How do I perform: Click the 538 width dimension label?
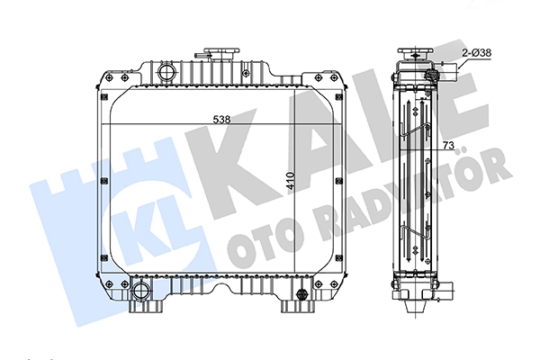tap(221, 120)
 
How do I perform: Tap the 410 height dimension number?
tap(291, 181)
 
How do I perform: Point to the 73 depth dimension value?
tap(448, 146)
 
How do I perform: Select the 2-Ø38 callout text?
tap(477, 53)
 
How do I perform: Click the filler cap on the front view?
tap(220, 54)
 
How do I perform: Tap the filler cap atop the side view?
tap(416, 54)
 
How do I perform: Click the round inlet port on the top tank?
tap(167, 72)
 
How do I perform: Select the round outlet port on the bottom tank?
tap(140, 291)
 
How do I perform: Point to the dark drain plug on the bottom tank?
tap(302, 293)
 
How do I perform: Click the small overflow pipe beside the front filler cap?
tap(201, 55)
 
